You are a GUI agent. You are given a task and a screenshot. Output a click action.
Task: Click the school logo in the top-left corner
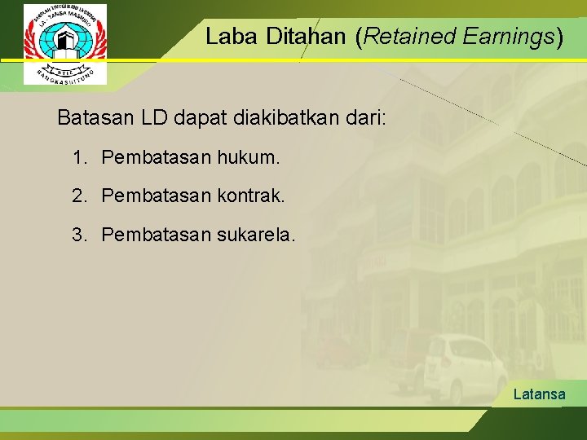(x=64, y=43)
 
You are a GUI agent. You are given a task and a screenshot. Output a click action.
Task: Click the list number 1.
(x=78, y=157)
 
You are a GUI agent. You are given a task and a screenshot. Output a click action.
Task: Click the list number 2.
(x=78, y=196)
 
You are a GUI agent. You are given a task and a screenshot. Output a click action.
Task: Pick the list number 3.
(x=78, y=235)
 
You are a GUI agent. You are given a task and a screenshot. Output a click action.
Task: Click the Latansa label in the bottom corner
(x=539, y=394)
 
